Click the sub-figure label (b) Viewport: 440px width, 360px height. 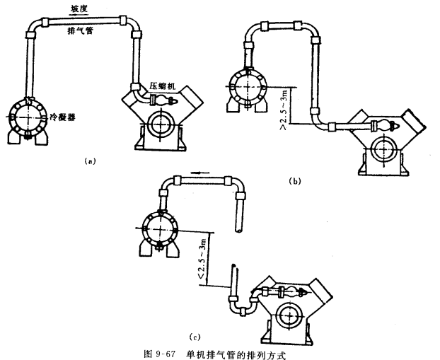point(295,181)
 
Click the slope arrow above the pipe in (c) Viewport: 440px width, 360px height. point(200,170)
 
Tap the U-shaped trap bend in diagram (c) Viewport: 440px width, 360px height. point(238,309)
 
